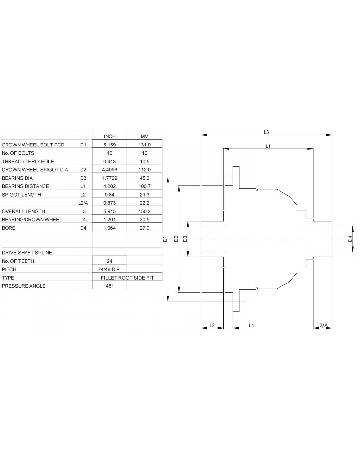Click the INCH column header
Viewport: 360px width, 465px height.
coord(109,136)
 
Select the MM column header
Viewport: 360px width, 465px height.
coord(144,136)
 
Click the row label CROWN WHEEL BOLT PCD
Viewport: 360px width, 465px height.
coord(33,145)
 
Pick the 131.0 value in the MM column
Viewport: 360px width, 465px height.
coord(144,145)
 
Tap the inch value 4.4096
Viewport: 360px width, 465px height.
coord(109,170)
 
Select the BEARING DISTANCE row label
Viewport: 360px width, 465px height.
coord(26,186)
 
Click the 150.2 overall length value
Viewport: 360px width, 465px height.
coord(144,211)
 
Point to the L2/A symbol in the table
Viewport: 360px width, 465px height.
coord(83,203)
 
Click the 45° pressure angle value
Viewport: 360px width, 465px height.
coord(109,286)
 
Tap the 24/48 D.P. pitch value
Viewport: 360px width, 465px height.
coord(109,269)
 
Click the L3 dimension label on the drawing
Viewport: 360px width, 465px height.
coord(266,132)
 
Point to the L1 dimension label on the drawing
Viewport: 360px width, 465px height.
coord(268,146)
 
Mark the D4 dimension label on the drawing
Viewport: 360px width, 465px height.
coord(350,239)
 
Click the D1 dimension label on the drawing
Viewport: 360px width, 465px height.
coord(165,239)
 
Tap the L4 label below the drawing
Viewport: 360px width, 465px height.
coord(251,325)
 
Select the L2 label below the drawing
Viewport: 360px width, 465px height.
coord(212,325)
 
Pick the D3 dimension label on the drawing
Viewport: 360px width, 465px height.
coord(185,239)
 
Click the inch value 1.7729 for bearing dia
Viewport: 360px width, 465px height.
coord(109,178)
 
